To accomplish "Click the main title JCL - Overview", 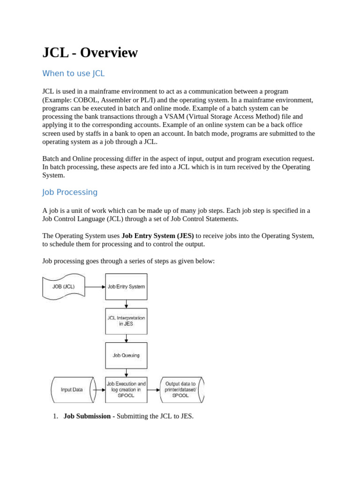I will pyautogui.click(x=90, y=52).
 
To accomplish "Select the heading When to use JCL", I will pyautogui.click(x=73, y=74).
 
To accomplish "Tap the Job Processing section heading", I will pyautogui.click(x=70, y=192).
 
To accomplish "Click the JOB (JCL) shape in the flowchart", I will pyautogui.click(x=64, y=286).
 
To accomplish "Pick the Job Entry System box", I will pyautogui.click(x=126, y=286).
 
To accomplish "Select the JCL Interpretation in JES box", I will pyautogui.click(x=126, y=321).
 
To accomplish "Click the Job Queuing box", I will pyautogui.click(x=126, y=355).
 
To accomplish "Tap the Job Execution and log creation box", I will pyautogui.click(x=126, y=389).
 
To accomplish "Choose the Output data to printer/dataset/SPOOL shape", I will pyautogui.click(x=181, y=389).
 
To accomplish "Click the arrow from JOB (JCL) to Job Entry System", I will pyautogui.click(x=95, y=286).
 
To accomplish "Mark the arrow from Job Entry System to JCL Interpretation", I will pyautogui.click(x=126, y=304).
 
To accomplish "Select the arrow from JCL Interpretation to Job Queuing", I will pyautogui.click(x=126, y=338).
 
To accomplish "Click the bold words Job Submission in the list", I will pyautogui.click(x=87, y=416).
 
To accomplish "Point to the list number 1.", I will pyautogui.click(x=55, y=416).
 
